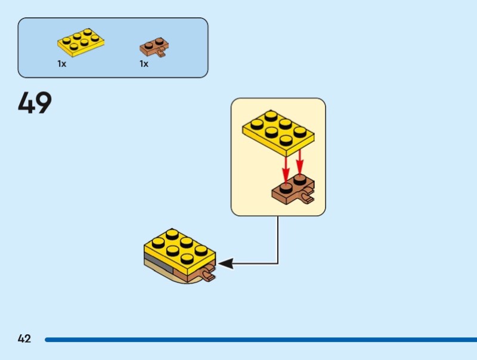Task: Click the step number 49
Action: [x=35, y=103]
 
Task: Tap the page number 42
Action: [x=24, y=339]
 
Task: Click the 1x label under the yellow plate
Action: [x=62, y=64]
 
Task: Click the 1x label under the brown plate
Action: [x=144, y=64]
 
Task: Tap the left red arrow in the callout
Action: [x=286, y=164]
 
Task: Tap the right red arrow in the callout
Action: [x=299, y=160]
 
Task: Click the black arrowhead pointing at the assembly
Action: [x=225, y=262]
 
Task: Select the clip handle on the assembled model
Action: [x=208, y=275]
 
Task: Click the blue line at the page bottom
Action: [x=256, y=340]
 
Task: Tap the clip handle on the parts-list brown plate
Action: [x=162, y=54]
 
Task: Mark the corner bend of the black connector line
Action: [x=278, y=262]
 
